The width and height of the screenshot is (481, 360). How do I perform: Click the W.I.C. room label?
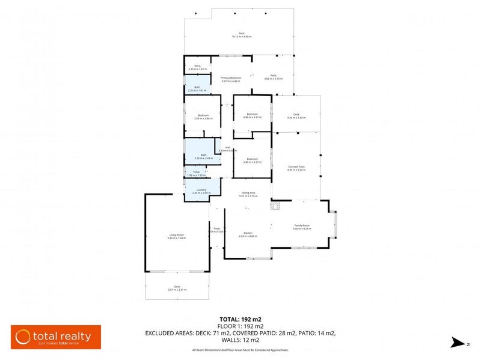(x=197, y=66)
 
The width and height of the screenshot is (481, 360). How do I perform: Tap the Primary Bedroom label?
(x=231, y=78)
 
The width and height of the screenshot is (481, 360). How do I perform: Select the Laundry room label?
(x=198, y=190)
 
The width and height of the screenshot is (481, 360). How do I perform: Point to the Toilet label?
(x=196, y=172)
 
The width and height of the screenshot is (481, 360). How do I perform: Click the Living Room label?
(x=176, y=235)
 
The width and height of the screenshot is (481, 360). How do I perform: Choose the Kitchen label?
(x=248, y=233)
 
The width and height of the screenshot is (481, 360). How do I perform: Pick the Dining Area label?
(x=248, y=193)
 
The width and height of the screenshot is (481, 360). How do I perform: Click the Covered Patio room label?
(x=297, y=167)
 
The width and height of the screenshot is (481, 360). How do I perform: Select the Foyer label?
(x=216, y=228)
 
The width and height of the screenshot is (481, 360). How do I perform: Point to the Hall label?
(x=228, y=148)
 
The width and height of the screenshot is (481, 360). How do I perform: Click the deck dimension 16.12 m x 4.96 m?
(x=241, y=37)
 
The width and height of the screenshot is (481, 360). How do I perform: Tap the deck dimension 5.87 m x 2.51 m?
(x=177, y=290)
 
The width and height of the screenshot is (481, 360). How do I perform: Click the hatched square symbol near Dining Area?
(x=275, y=206)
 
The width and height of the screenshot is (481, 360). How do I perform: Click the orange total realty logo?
(x=56, y=337)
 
